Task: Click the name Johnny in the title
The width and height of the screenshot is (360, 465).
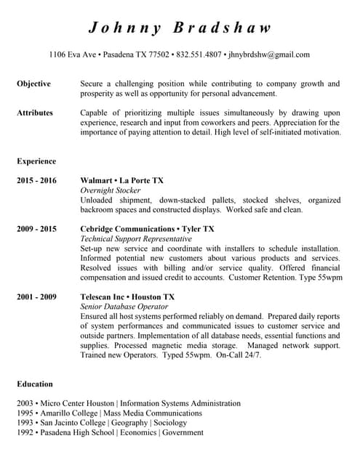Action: (124, 28)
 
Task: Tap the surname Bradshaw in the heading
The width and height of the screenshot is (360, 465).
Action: (223, 28)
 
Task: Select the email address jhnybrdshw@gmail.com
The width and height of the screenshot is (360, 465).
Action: (268, 54)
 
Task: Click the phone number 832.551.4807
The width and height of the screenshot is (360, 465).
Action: (199, 54)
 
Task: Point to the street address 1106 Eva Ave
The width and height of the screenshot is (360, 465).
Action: (73, 54)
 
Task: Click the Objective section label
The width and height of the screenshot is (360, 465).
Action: (33, 84)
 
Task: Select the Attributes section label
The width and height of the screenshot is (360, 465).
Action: (35, 113)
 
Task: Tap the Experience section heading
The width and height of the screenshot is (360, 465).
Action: (36, 161)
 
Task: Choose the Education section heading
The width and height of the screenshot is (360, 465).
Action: (35, 384)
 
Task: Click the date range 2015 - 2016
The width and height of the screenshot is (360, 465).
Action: (36, 181)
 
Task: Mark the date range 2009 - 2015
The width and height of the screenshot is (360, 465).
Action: (36, 230)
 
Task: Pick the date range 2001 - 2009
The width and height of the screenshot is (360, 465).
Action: (36, 297)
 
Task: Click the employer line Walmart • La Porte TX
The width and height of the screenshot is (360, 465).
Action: (121, 181)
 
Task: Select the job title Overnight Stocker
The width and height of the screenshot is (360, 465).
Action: (111, 190)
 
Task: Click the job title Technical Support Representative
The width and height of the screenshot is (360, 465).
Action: (136, 239)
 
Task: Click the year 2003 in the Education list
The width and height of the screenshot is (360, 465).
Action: (25, 403)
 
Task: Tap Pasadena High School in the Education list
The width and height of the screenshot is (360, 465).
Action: (77, 432)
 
